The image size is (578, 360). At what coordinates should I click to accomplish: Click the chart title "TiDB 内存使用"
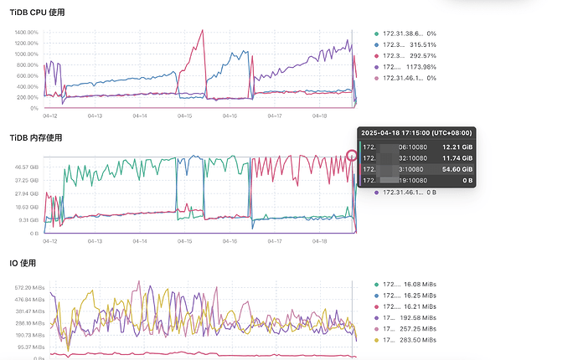pyautogui.click(x=39, y=137)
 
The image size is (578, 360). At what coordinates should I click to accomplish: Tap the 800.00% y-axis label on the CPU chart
pyautogui.click(x=27, y=64)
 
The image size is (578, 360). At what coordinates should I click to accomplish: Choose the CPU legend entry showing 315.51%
pyautogui.click(x=410, y=44)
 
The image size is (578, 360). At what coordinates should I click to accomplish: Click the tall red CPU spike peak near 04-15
pyautogui.click(x=204, y=31)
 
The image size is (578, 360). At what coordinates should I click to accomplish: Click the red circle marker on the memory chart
pyautogui.click(x=352, y=155)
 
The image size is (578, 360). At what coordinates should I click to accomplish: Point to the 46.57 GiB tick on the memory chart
pyautogui.click(x=28, y=167)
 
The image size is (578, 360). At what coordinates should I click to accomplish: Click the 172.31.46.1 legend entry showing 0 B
pyautogui.click(x=410, y=193)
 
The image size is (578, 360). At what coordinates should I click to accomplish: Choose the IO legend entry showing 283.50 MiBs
pyautogui.click(x=410, y=340)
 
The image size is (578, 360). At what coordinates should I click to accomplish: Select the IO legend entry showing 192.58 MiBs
pyautogui.click(x=410, y=318)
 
